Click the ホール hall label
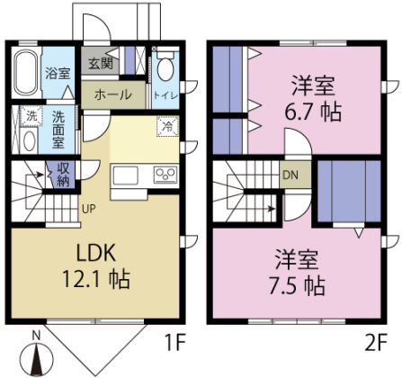pyautogui.click(x=112, y=94)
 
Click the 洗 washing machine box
pyautogui.click(x=31, y=116)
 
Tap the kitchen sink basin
pyautogui.click(x=124, y=173)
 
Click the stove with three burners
pyautogui.click(x=165, y=173)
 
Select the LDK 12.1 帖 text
pyautogui.click(x=94, y=265)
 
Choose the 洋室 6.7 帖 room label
pyautogui.click(x=314, y=100)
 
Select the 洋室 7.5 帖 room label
pyautogui.click(x=299, y=273)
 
